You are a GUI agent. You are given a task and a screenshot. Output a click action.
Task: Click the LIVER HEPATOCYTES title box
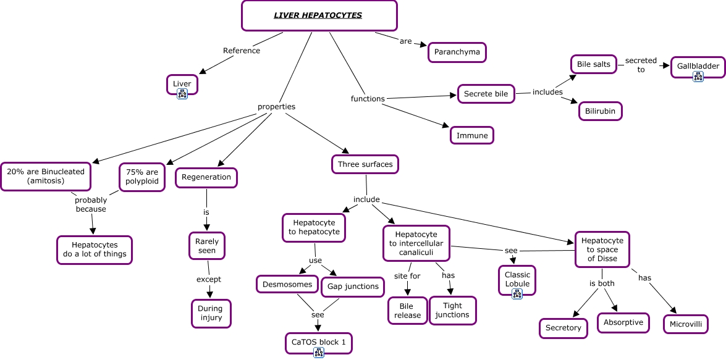point(318,15)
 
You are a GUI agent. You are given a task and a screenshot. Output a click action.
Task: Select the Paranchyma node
point(457,52)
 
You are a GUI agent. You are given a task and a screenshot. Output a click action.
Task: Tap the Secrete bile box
point(486,94)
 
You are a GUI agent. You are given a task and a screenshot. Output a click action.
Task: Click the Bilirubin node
point(600,111)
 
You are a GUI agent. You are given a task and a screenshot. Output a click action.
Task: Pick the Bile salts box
point(593,64)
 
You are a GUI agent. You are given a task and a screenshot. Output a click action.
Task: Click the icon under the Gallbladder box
point(698,77)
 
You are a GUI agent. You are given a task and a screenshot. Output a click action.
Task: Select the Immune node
point(472,135)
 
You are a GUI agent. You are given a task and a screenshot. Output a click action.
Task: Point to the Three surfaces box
point(365,164)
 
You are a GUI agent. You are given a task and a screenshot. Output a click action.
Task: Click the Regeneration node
point(206,177)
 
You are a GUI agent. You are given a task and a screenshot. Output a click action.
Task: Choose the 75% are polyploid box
point(142,177)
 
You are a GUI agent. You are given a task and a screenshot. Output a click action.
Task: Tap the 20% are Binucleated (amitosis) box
point(46,177)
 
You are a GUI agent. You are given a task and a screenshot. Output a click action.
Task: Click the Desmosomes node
point(287,285)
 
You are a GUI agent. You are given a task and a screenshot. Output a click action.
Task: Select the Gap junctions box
point(353,287)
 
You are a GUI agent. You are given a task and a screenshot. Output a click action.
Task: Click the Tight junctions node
point(452,311)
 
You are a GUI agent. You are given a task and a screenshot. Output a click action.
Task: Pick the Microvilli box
point(685,324)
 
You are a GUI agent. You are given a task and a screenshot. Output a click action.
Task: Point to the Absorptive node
point(623,322)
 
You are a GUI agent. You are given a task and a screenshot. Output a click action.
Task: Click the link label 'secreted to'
point(641,65)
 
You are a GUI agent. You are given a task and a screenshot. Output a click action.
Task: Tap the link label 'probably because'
point(91,204)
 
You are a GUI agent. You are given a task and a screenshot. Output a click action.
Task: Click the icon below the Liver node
point(182,94)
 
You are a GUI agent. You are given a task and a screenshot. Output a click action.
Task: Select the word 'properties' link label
point(276,107)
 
